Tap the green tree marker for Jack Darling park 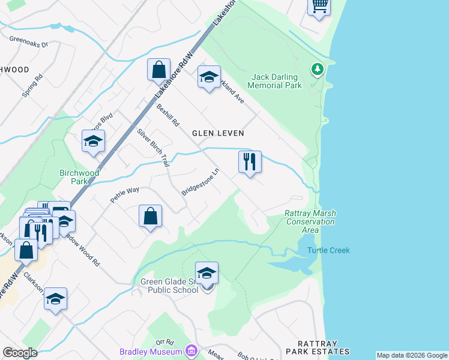click(x=317, y=70)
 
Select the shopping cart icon click(x=319, y=7)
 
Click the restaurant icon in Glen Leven click(x=250, y=161)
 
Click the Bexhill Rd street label click(x=168, y=115)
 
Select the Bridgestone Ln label click(x=201, y=182)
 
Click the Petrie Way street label click(x=125, y=194)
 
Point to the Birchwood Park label click(x=79, y=177)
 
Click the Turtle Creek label click(x=328, y=250)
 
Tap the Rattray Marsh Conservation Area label click(x=310, y=221)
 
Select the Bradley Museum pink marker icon click(x=191, y=350)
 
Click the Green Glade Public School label click(x=169, y=286)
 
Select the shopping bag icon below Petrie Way click(x=150, y=216)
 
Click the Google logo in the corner click(x=20, y=352)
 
